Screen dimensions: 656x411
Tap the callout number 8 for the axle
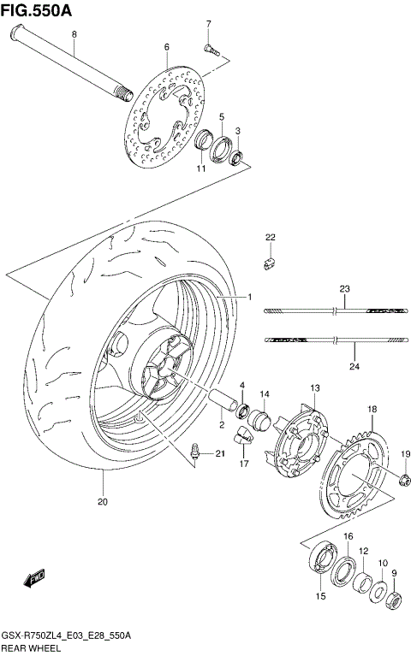pyautogui.click(x=74, y=34)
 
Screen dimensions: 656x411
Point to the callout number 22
pyautogui.click(x=271, y=237)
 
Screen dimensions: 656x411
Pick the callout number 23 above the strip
pyautogui.click(x=344, y=290)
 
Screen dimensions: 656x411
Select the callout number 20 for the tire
pyautogui.click(x=103, y=502)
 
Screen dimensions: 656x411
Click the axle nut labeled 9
pyautogui.click(x=396, y=599)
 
